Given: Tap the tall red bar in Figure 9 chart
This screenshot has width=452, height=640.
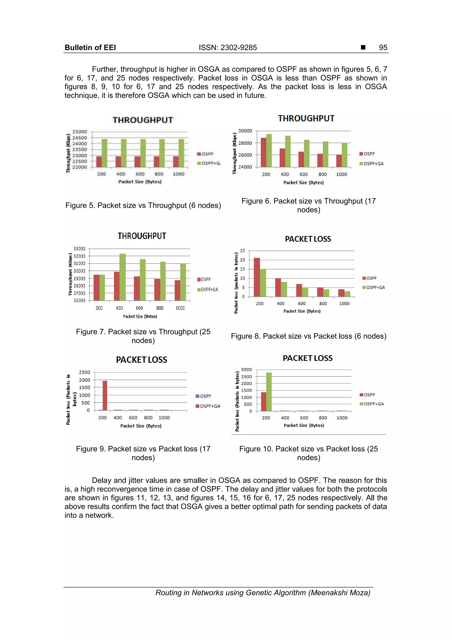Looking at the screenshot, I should point(105,395).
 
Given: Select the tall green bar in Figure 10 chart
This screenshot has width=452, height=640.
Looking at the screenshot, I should point(269,392).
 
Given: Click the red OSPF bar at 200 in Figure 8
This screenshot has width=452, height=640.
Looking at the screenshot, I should point(257,277).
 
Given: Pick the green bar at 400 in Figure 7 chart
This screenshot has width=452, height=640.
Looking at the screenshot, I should point(122,277).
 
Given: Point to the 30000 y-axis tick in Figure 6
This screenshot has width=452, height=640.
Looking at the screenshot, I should point(245,131).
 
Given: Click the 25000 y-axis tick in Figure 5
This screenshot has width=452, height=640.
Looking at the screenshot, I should point(80,132).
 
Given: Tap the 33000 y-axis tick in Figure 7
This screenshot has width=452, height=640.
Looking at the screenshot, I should point(79,248).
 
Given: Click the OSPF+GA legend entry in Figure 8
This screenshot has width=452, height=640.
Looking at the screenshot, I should point(373,287).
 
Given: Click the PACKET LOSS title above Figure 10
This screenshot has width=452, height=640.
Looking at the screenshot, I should point(307,358).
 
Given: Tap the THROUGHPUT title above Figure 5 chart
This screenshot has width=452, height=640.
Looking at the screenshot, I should point(143,120).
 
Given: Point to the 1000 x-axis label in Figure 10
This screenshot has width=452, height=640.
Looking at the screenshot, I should point(342,418).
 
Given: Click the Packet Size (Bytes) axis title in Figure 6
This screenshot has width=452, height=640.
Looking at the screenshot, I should point(303,182).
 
